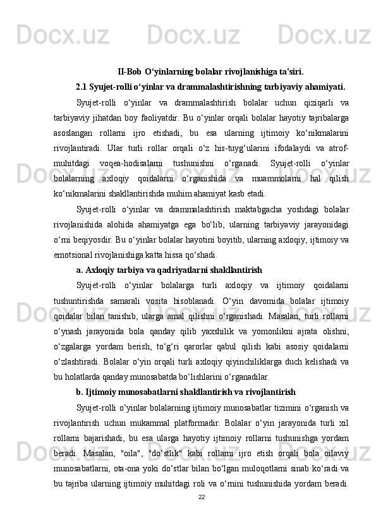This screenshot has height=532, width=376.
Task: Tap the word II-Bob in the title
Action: click(130, 71)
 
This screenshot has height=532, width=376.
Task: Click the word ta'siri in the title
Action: click(290, 71)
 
